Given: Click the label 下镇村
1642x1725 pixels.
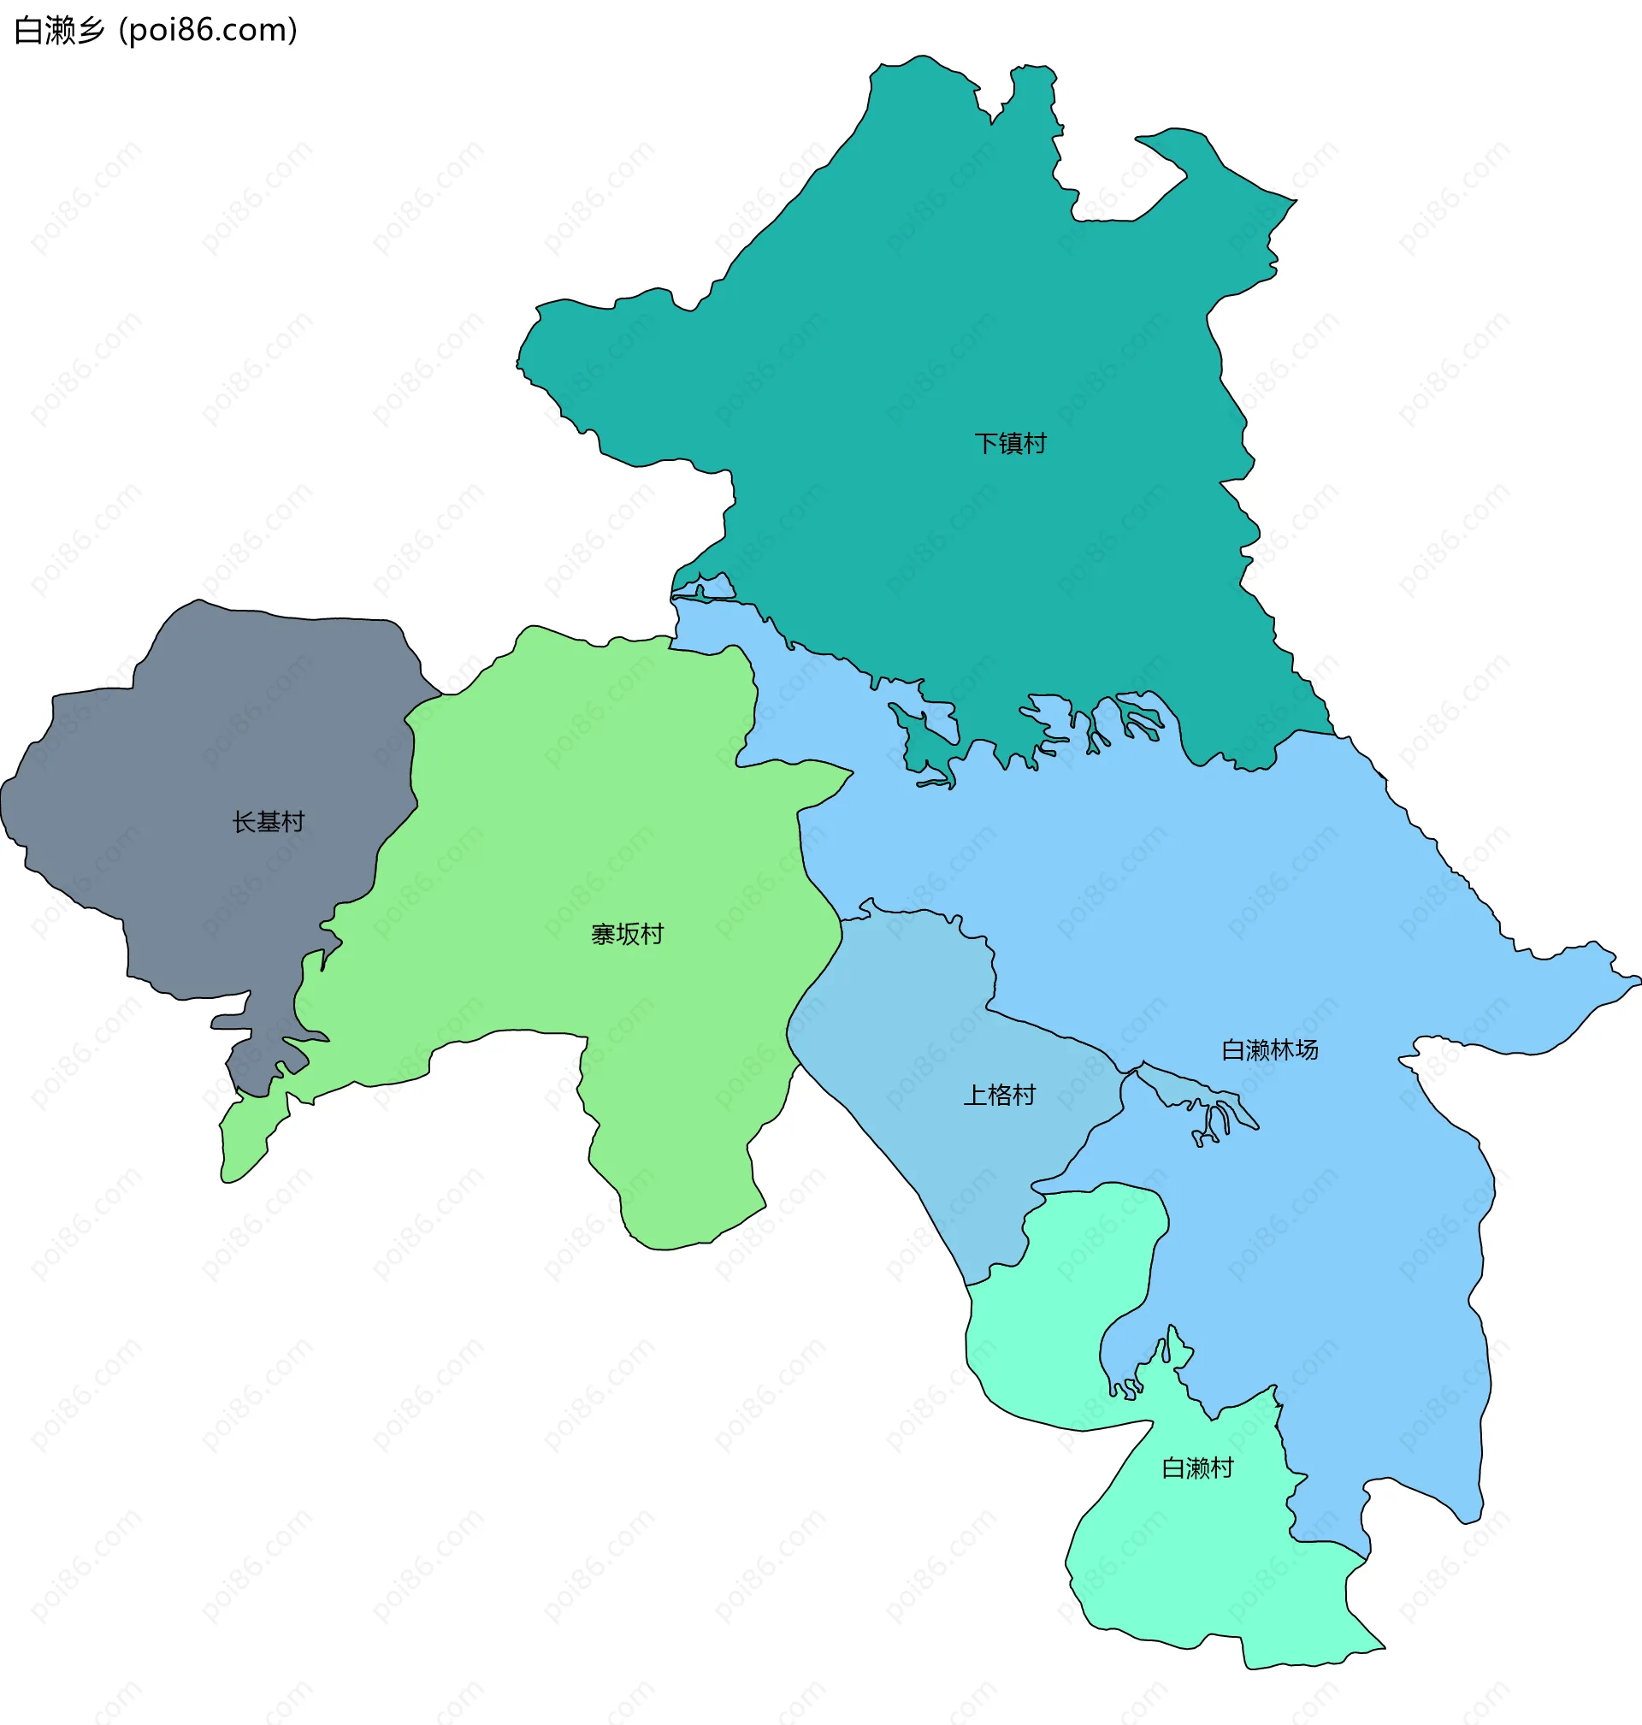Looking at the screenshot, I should pyautogui.click(x=1010, y=444).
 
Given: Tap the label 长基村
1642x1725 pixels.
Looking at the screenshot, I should pyautogui.click(x=268, y=822).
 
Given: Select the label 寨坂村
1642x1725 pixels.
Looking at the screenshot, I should pyautogui.click(x=627, y=935).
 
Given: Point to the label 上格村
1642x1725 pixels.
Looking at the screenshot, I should pyautogui.click(x=999, y=1095).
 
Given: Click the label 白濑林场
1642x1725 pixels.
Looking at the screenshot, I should pyautogui.click(x=1269, y=1049).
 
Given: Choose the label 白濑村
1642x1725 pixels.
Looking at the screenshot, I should pyautogui.click(x=1196, y=1468).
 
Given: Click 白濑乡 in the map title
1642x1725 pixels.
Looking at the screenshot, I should pyautogui.click(x=60, y=31).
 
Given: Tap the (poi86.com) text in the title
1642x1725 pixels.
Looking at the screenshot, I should pyautogui.click(x=209, y=31).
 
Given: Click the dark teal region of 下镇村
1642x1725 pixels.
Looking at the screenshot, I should pyautogui.click(x=919, y=306).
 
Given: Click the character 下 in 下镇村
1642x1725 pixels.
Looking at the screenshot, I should pyautogui.click(x=986, y=444).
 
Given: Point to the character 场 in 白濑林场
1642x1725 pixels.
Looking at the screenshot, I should pyautogui.click(x=1306, y=1049).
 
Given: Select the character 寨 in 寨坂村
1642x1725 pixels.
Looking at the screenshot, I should pyautogui.click(x=603, y=935).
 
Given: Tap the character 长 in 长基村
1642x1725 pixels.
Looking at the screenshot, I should pyautogui.click(x=245, y=822).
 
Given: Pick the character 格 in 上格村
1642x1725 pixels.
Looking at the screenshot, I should pyautogui.click(x=999, y=1095).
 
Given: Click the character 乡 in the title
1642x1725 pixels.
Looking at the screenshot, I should pyautogui.click(x=91, y=31).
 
